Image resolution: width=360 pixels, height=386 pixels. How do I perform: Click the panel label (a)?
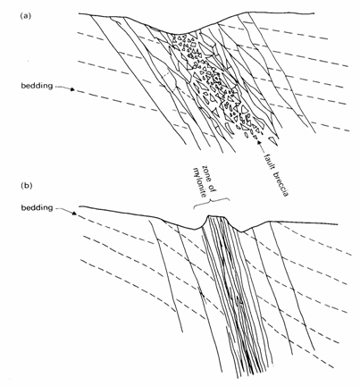[x=25, y=16]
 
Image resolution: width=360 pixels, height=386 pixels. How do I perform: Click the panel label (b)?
[x=26, y=186]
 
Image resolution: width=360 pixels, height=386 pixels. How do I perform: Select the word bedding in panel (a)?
[x=37, y=86]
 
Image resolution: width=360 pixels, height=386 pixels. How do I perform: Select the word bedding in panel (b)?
[x=37, y=207]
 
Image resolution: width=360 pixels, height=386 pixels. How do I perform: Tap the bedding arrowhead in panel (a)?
[x=72, y=88]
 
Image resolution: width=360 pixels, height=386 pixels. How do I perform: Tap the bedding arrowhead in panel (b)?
[x=74, y=213]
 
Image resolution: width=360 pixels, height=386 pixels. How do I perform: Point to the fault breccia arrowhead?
[x=258, y=142]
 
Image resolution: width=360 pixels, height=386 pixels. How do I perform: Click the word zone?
[x=205, y=172]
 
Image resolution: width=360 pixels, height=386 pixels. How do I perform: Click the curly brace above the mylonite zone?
[x=212, y=201]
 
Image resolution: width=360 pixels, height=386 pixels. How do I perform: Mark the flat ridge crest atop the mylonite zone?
[x=215, y=216]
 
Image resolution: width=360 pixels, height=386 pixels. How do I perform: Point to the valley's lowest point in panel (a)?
[x=180, y=34]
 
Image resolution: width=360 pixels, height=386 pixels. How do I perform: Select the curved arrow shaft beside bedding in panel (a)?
[x=63, y=87]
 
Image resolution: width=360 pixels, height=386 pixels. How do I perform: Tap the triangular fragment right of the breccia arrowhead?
[x=272, y=141]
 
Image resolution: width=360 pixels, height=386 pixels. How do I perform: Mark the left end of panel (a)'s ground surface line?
[x=79, y=13]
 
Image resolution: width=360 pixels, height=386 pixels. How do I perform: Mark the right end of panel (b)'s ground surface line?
[x=337, y=224]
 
